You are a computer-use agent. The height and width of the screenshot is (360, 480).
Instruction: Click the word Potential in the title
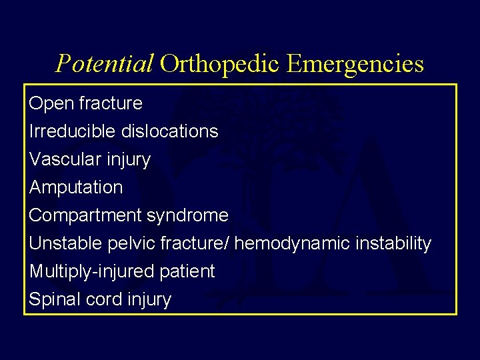pyautogui.click(x=105, y=64)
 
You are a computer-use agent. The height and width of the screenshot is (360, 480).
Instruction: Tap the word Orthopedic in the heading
pyautogui.click(x=221, y=64)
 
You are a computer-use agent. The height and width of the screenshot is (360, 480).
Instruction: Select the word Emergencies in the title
pyautogui.click(x=356, y=64)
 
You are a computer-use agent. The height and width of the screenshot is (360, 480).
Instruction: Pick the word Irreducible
pyautogui.click(x=73, y=131)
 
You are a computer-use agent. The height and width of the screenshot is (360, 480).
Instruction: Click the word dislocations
pyautogui.click(x=169, y=131)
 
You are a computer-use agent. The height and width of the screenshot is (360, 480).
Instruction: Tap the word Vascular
pyautogui.click(x=63, y=159)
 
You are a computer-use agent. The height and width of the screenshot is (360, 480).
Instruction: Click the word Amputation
pyautogui.click(x=76, y=188)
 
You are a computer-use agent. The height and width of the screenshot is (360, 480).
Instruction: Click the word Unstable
pyautogui.click(x=65, y=244)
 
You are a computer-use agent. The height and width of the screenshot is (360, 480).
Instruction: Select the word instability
pyautogui.click(x=392, y=244)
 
